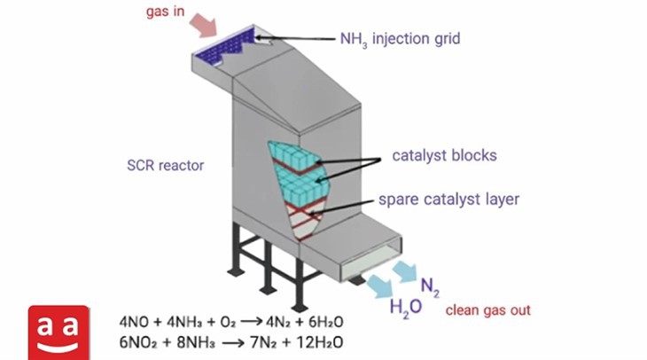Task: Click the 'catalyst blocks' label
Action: click(x=444, y=156)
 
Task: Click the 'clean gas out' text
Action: click(x=487, y=310)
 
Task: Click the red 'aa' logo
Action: click(x=58, y=331)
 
